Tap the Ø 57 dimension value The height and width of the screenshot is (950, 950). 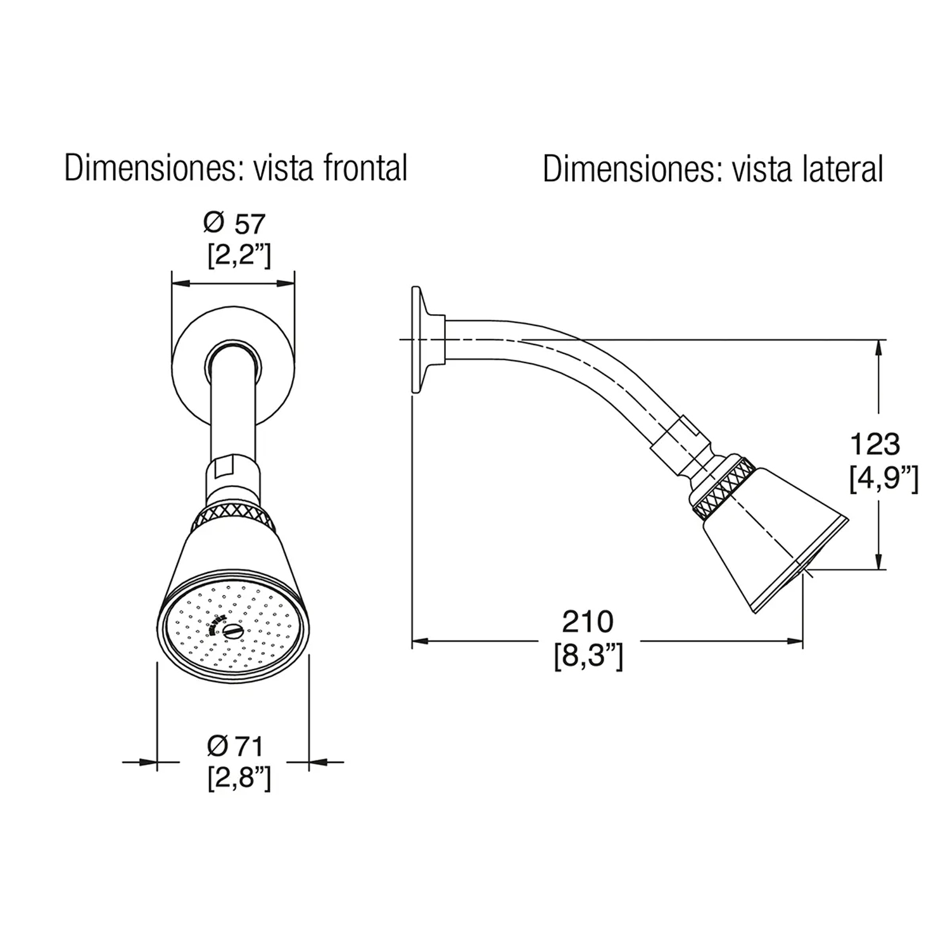(x=234, y=224)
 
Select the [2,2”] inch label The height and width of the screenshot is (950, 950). (x=239, y=255)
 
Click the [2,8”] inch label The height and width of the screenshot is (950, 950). (x=239, y=778)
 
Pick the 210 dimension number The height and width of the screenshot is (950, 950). (x=588, y=623)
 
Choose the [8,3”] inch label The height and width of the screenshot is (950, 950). (x=588, y=657)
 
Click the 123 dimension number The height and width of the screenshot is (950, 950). (x=874, y=445)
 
